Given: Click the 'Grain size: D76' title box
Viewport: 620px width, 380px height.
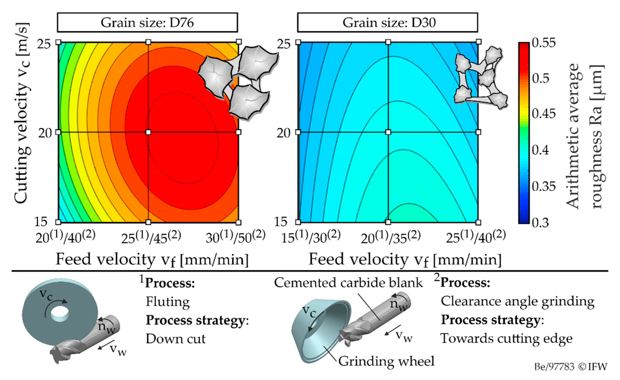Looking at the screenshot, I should click(147, 23).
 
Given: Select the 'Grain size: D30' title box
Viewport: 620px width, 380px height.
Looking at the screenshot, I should click(388, 23).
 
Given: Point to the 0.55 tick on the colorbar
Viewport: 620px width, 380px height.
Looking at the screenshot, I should click(544, 43).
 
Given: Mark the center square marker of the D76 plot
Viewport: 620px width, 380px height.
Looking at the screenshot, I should click(148, 132).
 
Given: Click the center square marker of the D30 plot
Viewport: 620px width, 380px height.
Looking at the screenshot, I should click(388, 132).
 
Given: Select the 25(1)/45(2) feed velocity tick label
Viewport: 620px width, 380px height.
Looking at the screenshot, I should click(151, 237).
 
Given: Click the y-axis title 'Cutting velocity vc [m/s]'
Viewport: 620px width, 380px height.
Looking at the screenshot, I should click(22, 113).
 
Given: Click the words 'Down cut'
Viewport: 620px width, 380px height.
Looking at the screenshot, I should click(176, 339).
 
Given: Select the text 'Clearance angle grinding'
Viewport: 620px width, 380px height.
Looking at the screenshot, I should click(517, 301).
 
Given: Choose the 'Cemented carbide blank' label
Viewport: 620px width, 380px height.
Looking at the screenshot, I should click(348, 283).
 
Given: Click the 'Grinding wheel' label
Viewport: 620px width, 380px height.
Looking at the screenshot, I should click(386, 361).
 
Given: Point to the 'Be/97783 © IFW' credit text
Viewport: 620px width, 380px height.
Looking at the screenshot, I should click(570, 367).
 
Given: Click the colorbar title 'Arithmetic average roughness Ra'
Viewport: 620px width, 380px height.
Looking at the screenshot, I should click(584, 136).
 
